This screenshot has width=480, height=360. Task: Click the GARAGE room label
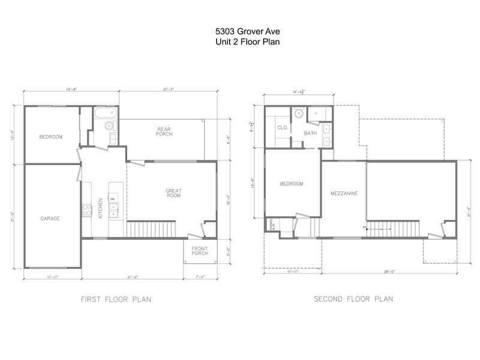click(50, 218)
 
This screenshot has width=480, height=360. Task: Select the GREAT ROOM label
click(173, 193)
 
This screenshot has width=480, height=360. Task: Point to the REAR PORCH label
click(164, 131)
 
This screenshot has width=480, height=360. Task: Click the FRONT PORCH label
click(200, 251)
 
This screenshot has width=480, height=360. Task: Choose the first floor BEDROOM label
click(51, 137)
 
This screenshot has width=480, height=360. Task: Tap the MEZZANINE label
click(344, 194)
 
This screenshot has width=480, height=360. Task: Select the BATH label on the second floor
click(310, 133)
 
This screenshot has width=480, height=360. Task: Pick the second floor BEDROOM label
click(292, 184)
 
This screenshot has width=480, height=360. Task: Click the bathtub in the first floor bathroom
click(104, 113)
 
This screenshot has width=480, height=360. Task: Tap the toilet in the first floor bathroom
click(109, 126)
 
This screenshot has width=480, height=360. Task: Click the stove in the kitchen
click(86, 209)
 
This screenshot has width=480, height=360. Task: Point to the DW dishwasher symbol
click(112, 198)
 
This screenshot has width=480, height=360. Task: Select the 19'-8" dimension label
click(71, 89)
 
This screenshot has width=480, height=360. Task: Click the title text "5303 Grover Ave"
click(239, 30)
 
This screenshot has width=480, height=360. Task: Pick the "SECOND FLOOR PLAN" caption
click(353, 298)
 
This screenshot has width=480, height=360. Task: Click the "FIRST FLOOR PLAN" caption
click(115, 298)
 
